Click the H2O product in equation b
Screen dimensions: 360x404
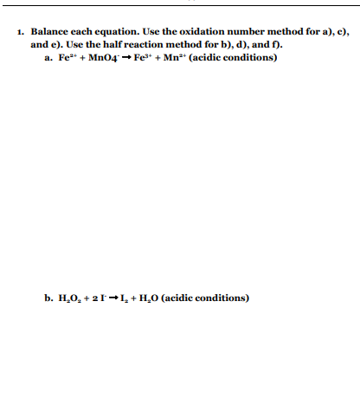pyautogui.click(x=152, y=298)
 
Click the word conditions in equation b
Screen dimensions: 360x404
pyautogui.click(x=222, y=298)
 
